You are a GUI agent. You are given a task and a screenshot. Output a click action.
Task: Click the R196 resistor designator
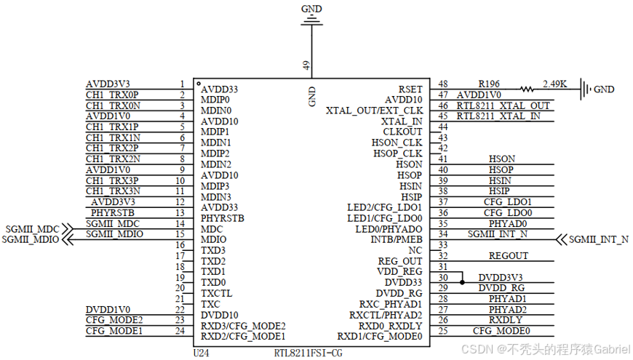click(x=489, y=84)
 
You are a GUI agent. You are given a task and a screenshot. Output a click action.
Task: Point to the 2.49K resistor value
click(x=554, y=84)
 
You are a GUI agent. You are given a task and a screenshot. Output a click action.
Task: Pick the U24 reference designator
click(x=202, y=353)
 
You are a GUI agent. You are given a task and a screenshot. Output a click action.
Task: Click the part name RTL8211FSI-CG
click(x=308, y=353)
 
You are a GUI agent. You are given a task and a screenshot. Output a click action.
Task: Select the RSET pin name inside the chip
click(x=410, y=89)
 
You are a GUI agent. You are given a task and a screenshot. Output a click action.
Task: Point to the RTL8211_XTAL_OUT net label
click(x=503, y=105)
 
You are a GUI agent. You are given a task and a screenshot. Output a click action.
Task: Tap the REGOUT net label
click(x=509, y=256)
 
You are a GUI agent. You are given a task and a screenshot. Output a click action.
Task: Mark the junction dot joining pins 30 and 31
click(x=461, y=278)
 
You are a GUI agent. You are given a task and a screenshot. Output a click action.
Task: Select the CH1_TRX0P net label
click(x=112, y=95)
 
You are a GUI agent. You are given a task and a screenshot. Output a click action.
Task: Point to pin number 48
click(x=443, y=84)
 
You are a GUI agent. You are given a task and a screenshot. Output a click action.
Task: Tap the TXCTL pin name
click(x=217, y=293)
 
